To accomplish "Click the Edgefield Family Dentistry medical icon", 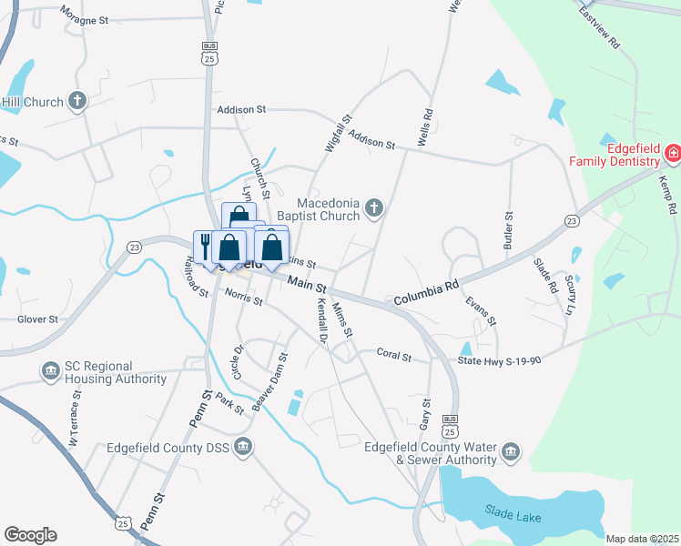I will point(673,154).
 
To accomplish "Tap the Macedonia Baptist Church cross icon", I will point(372,210).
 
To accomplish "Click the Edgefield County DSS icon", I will point(243,445).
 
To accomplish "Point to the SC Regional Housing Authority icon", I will point(50,371).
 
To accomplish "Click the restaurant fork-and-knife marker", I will point(205,246).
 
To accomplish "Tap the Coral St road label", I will point(394,355).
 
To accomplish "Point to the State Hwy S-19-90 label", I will point(499,360).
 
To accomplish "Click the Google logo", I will point(30,534).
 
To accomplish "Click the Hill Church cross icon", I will point(77,101).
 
